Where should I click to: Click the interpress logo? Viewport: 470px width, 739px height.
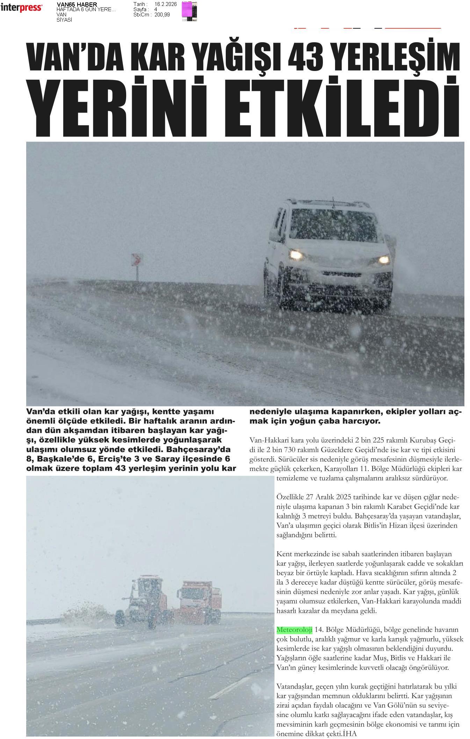[x=21, y=7]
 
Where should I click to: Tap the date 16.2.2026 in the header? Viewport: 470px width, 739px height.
[x=166, y=4]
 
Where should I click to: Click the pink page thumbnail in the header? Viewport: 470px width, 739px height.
[x=189, y=11]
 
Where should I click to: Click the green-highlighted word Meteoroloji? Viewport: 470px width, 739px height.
[x=294, y=630]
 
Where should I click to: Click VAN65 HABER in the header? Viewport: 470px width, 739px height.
[x=77, y=4]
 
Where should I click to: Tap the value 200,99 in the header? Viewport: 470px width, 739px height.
[x=162, y=15]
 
